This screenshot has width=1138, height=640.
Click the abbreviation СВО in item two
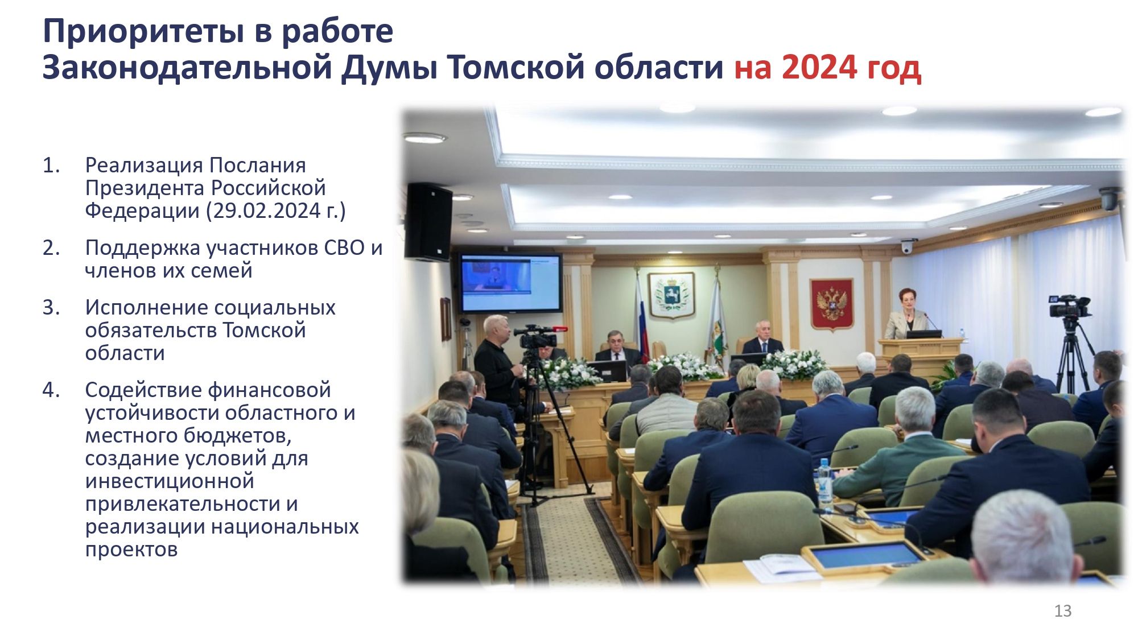(344, 247)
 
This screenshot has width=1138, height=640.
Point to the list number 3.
(51, 307)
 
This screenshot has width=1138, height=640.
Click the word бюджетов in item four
(245, 436)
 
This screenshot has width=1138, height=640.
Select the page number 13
(1063, 610)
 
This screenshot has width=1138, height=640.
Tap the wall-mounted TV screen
(510, 283)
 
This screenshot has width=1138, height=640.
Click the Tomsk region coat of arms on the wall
(671, 295)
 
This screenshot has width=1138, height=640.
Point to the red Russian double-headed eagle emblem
(832, 304)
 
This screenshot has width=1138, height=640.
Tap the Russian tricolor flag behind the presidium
(641, 319)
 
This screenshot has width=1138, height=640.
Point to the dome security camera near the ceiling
(907, 246)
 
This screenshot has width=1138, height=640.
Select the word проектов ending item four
(131, 550)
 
